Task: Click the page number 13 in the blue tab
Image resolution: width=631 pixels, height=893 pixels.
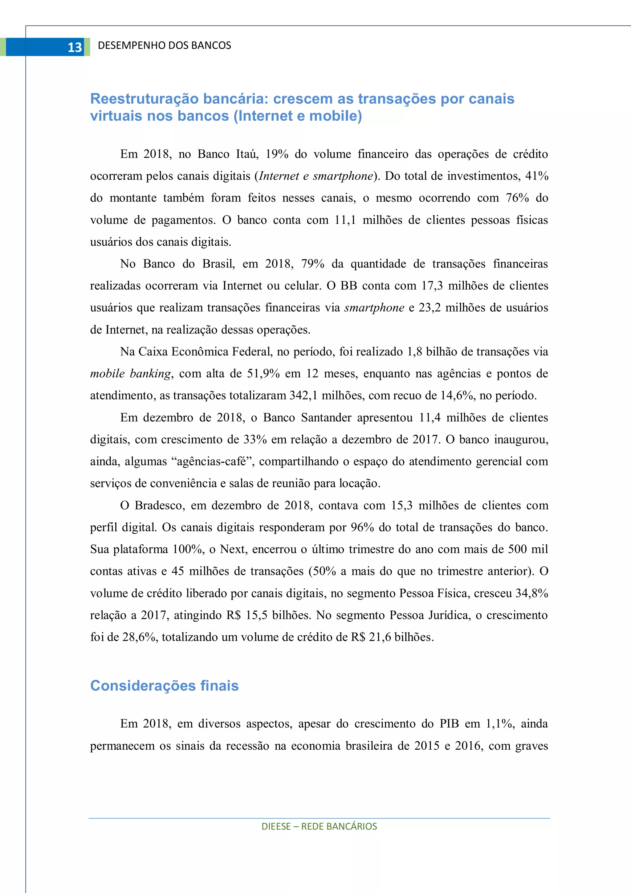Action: (75, 47)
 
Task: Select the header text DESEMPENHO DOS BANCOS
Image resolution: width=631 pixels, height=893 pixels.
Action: (164, 46)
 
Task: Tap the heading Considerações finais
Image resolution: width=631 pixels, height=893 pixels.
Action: (164, 686)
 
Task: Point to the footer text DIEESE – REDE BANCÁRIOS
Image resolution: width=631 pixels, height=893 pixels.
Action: (319, 826)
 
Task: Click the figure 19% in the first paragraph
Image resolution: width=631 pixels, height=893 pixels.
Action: (276, 154)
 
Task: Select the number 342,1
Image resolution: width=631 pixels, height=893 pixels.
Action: (303, 396)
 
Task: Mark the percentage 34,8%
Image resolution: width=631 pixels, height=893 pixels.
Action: (531, 593)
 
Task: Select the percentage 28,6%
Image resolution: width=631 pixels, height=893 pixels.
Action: (139, 637)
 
